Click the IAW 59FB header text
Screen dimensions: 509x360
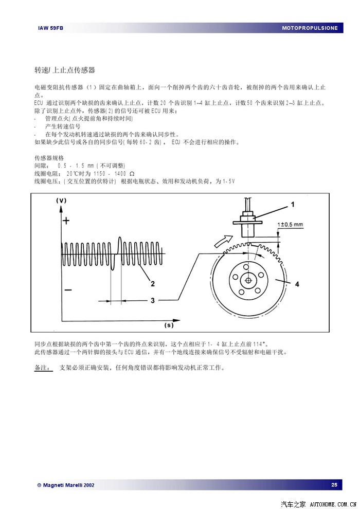tap(50, 28)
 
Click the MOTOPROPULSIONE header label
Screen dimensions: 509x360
tap(310, 28)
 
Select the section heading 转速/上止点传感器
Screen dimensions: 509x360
tap(64, 70)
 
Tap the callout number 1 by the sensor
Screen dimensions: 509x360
tap(293, 204)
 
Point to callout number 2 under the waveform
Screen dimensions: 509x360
tap(152, 283)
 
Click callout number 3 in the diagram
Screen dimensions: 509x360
tap(152, 301)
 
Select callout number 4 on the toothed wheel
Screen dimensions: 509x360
tap(297, 283)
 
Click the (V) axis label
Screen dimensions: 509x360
tap(61, 200)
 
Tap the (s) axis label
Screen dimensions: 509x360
tap(169, 325)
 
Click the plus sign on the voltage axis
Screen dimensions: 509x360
tap(66, 221)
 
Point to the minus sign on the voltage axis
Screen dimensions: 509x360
tap(68, 290)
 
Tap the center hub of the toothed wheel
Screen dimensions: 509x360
tap(248, 281)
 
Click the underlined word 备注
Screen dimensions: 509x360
tap(42, 368)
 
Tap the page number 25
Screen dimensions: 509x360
tap(334, 485)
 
